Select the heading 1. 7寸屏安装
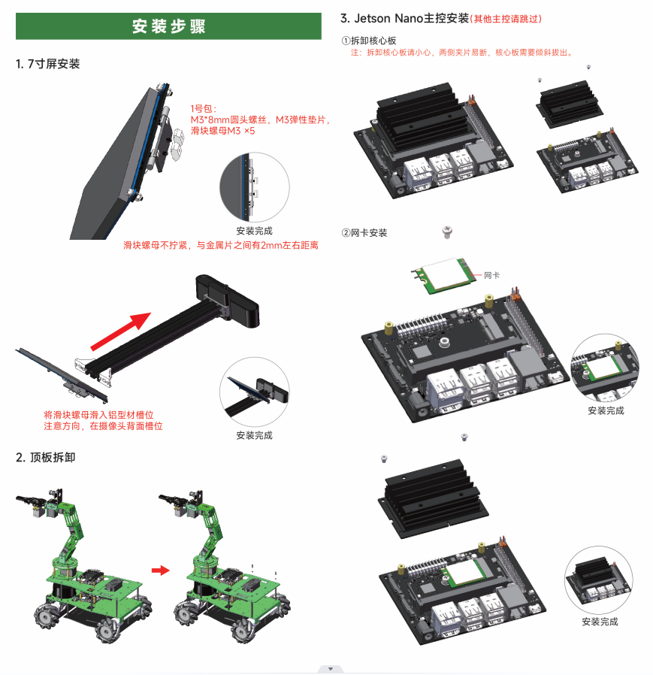pos(48,65)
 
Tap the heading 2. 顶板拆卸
pos(46,457)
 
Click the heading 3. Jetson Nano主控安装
pos(404,18)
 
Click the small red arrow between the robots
pos(159,571)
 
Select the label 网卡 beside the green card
pos(491,275)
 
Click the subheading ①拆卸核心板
pos(369,41)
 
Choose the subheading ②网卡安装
pos(364,233)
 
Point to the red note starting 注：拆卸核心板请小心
pos(462,53)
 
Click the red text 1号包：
pos(204,108)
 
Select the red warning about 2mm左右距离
pos(220,245)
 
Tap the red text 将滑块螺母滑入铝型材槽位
pos(104,414)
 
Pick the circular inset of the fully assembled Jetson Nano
pos(599,580)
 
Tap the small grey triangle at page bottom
pos(330,668)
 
